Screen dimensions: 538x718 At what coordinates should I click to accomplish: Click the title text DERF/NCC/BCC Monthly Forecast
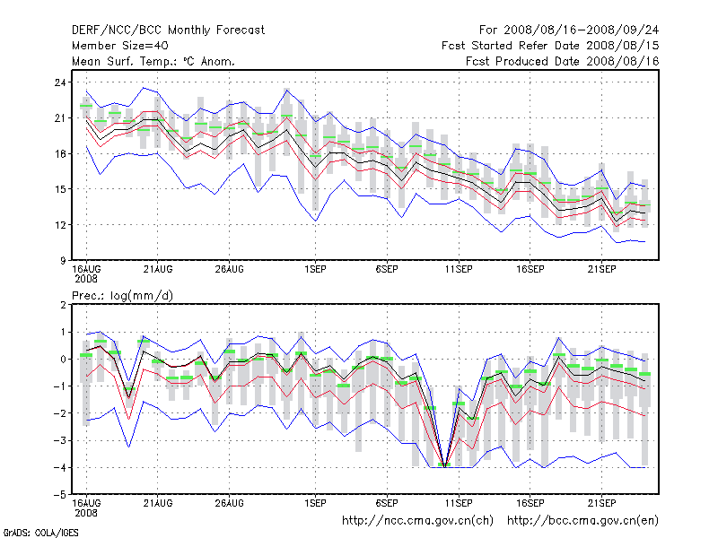(168, 30)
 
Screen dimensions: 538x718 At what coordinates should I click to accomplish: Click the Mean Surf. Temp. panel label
(153, 61)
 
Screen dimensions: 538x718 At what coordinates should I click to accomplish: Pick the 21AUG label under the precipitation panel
(158, 503)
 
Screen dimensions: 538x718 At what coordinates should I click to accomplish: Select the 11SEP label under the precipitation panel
(459, 503)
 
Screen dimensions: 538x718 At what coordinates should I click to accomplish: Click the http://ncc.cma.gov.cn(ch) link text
(417, 520)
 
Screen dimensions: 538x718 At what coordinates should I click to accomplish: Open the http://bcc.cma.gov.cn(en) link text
(583, 520)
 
